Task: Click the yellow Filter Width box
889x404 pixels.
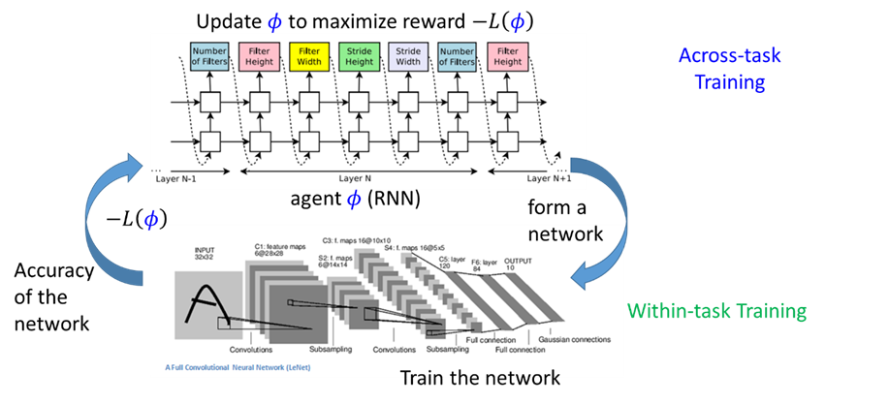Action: [x=308, y=56]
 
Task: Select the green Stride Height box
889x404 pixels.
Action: [x=359, y=56]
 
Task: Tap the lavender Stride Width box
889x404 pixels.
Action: [x=408, y=56]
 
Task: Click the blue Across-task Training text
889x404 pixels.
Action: [x=729, y=69]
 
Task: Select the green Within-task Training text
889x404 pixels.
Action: [x=716, y=312]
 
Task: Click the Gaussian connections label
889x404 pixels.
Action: [x=569, y=340]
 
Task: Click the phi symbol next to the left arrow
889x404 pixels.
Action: [x=150, y=220]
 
